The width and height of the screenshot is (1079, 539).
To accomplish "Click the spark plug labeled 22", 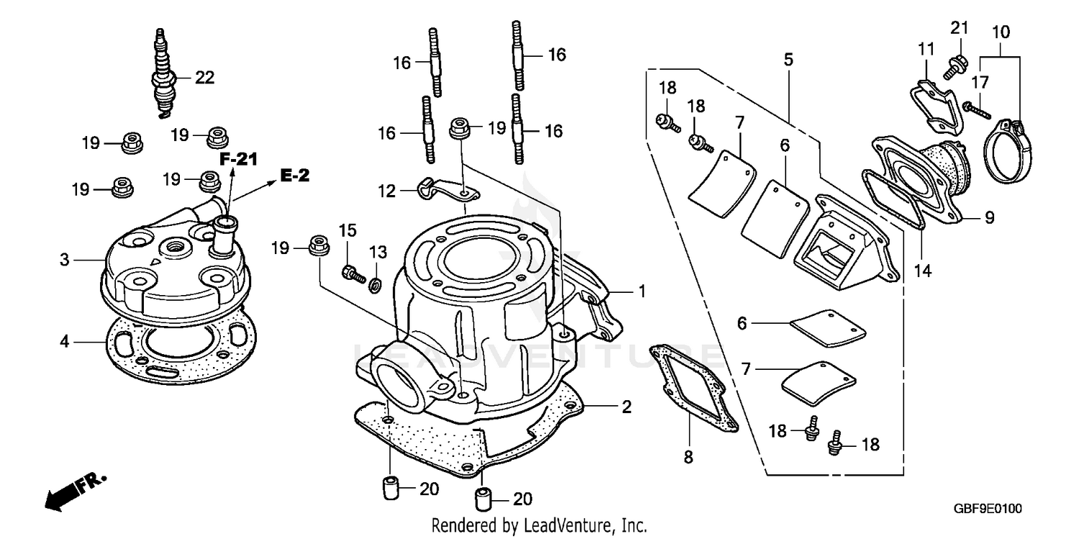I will pyautogui.click(x=163, y=72).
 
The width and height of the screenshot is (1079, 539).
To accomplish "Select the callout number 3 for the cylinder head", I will pyautogui.click(x=65, y=260).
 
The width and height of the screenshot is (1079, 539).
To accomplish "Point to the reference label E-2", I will pyautogui.click(x=294, y=176).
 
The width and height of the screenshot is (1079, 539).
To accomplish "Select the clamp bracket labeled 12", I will pyautogui.click(x=440, y=191).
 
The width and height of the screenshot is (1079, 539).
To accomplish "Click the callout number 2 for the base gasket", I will pyautogui.click(x=626, y=408).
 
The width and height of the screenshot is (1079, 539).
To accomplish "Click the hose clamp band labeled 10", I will pyautogui.click(x=1004, y=150).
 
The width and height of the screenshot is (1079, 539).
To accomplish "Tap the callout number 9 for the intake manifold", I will pyautogui.click(x=989, y=217).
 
